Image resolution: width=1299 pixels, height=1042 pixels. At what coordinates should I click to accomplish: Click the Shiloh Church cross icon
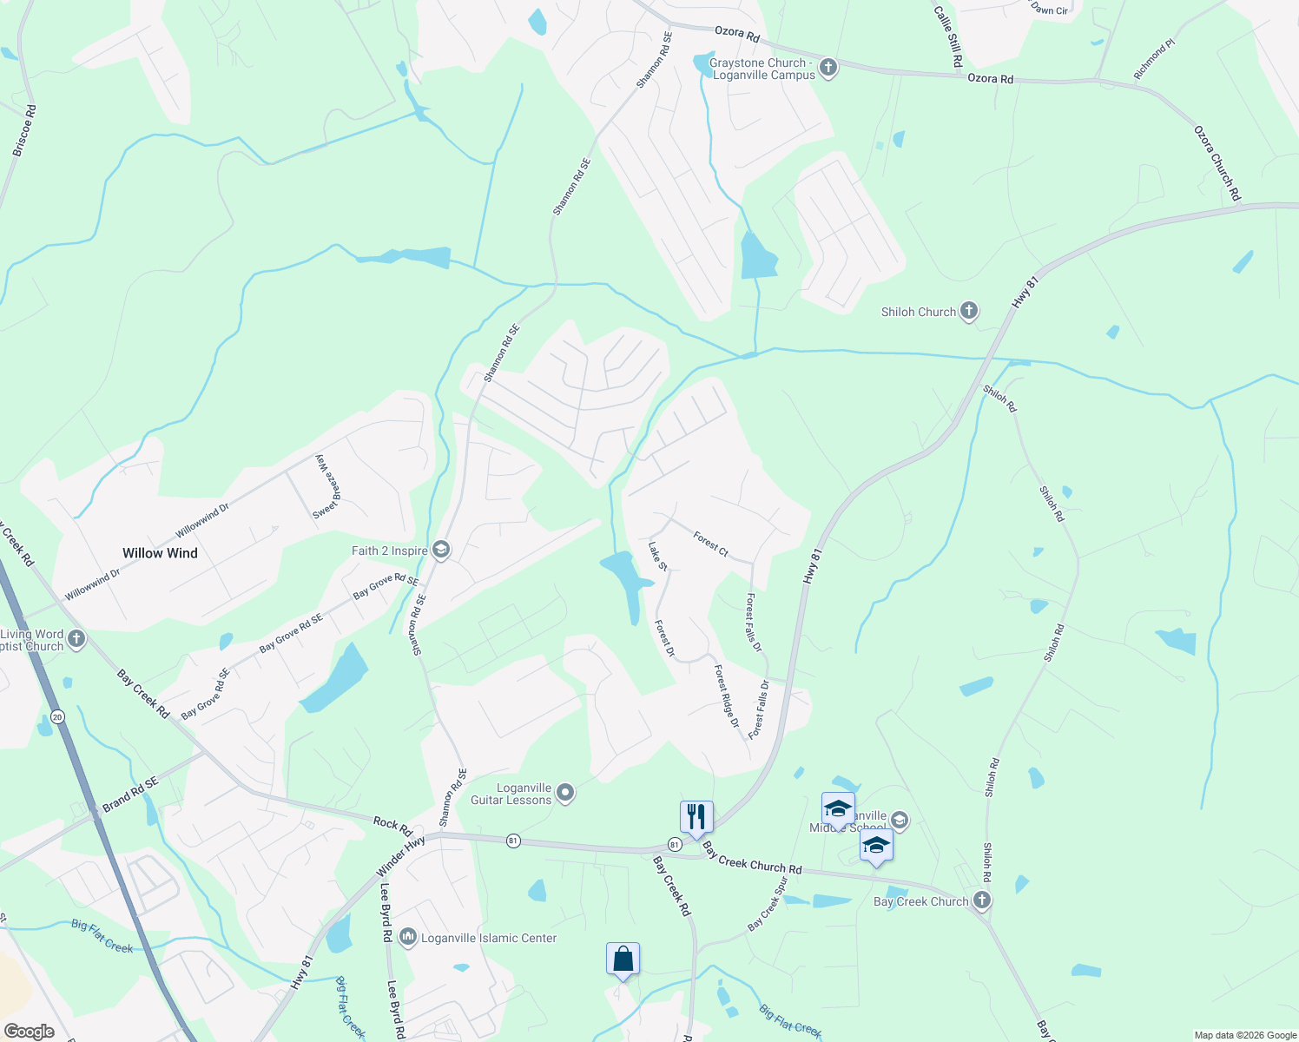[x=969, y=311]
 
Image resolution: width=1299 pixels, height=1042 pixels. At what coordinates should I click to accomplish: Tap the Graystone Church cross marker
[x=828, y=68]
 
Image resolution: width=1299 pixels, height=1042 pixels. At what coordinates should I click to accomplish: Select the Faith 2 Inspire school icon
[x=441, y=551]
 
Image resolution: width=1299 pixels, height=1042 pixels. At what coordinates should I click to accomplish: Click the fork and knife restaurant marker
[x=696, y=817]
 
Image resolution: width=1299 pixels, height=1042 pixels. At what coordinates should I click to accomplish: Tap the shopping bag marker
[x=623, y=960]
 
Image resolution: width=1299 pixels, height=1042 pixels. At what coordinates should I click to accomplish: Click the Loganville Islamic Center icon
[x=408, y=938]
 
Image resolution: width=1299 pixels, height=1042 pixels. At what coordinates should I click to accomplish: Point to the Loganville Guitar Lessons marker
[x=565, y=792]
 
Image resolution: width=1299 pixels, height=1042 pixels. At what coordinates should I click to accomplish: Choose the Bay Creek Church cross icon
[x=982, y=900]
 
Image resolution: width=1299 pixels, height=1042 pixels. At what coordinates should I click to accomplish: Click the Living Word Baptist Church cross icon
[x=76, y=640]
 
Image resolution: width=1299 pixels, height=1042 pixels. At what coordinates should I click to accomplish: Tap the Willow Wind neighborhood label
[x=160, y=553]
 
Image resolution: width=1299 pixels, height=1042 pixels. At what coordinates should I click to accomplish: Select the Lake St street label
[x=658, y=557]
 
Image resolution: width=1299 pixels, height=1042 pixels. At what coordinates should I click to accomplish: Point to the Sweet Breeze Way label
[x=324, y=487]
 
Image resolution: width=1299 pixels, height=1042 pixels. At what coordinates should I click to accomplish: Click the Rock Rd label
[x=392, y=825]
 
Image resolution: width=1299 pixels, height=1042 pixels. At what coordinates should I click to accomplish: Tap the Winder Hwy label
[x=401, y=856]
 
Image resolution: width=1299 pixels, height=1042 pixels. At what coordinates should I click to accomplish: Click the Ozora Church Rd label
[x=1217, y=164]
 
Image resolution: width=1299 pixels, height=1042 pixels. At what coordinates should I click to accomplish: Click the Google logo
[x=30, y=1032]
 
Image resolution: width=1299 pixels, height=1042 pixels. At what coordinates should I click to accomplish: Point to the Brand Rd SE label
[x=130, y=795]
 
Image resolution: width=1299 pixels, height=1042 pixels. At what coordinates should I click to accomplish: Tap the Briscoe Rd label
[x=24, y=131]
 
